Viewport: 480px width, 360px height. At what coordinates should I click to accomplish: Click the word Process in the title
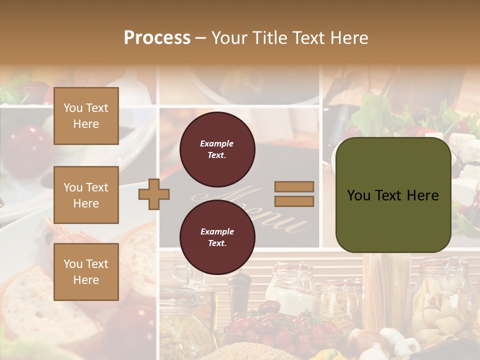pyautogui.click(x=157, y=38)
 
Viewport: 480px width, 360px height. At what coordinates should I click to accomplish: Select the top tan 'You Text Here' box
pyautogui.click(x=86, y=116)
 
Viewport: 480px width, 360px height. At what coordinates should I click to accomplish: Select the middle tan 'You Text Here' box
pyautogui.click(x=86, y=195)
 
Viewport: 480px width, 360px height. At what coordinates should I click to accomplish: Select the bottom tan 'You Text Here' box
pyautogui.click(x=86, y=271)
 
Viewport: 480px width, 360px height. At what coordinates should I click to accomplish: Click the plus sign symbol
pyautogui.click(x=154, y=194)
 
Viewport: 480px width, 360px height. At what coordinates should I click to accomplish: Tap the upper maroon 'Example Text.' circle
pyautogui.click(x=217, y=149)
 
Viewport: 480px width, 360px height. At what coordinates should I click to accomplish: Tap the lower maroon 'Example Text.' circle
pyautogui.click(x=217, y=237)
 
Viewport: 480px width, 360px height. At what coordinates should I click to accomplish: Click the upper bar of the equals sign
pyautogui.click(x=294, y=186)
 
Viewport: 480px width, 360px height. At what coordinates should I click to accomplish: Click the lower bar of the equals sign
pyautogui.click(x=294, y=201)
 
